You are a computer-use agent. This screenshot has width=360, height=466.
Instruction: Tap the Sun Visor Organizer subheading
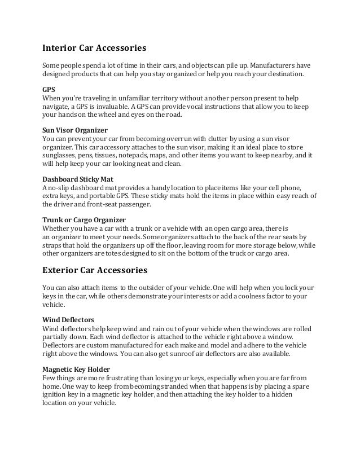75,130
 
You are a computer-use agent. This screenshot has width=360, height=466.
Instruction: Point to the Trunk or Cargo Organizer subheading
84,219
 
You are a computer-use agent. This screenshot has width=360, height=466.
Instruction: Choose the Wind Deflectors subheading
68,319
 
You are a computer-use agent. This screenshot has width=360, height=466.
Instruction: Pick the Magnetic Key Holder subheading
76,370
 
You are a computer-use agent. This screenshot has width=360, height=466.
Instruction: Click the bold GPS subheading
49,89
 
